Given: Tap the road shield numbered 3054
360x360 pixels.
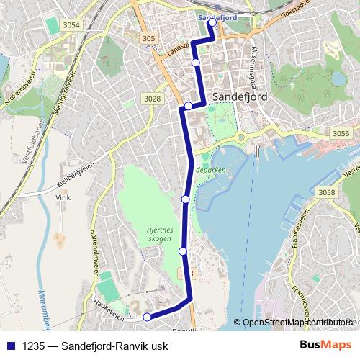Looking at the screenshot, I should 71,25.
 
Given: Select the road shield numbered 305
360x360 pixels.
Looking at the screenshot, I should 149,39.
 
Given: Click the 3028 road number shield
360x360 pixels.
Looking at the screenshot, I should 152,99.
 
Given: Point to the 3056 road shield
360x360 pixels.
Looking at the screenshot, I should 341,133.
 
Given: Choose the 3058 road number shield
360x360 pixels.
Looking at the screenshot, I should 328,192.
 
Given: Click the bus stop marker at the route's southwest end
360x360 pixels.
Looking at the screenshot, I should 147,317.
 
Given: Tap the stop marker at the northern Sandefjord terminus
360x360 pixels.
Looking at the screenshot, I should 212,22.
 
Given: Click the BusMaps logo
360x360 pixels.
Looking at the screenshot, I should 325,344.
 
